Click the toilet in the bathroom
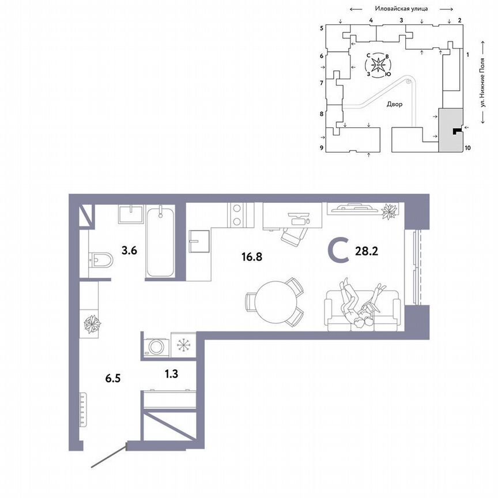pos(101,261)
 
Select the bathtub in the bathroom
pos(160,242)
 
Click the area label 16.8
pos(252,257)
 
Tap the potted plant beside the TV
pos(390,211)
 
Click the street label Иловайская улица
pos(399,9)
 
